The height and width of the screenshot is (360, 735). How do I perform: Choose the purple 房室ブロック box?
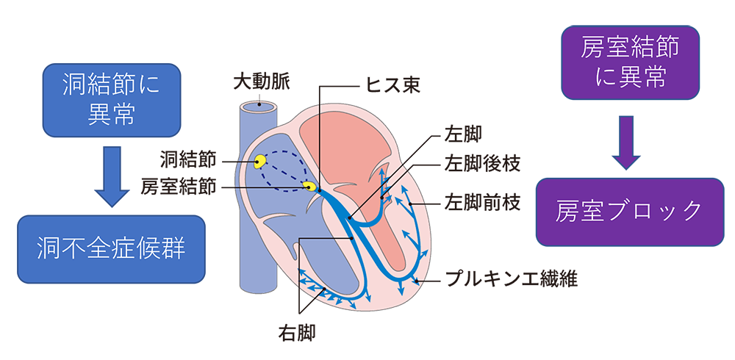pos(629,212)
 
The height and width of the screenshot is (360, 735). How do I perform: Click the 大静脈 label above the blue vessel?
pos(257,83)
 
